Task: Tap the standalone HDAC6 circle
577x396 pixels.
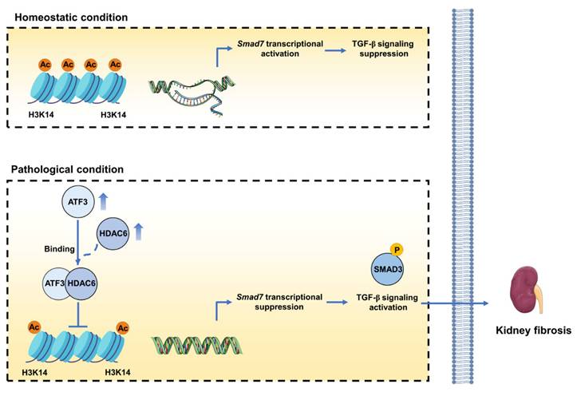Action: click(x=114, y=233)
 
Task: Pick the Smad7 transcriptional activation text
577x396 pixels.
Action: click(x=270, y=49)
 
